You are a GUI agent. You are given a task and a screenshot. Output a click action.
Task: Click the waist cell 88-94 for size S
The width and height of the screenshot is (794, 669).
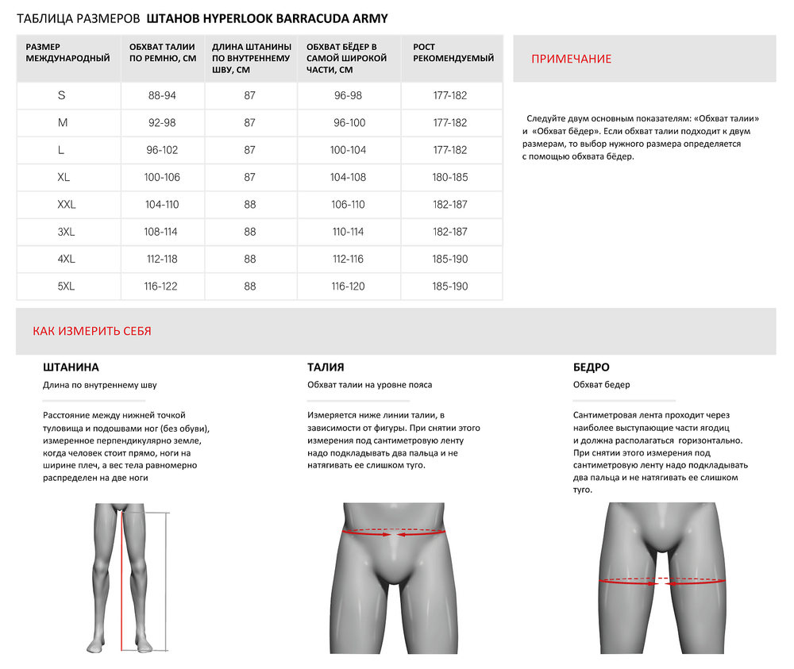point(162,95)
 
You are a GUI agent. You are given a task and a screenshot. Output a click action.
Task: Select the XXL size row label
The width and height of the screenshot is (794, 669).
point(67,205)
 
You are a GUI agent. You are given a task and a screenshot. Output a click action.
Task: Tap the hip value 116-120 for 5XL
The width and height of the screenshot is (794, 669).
point(349,286)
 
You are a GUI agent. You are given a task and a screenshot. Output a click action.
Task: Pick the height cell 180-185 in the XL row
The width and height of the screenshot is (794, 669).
point(450,178)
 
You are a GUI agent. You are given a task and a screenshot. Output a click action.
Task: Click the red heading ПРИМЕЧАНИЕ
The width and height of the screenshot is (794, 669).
point(571,60)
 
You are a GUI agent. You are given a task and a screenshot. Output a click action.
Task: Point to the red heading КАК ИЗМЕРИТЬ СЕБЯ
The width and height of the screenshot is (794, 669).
point(92,332)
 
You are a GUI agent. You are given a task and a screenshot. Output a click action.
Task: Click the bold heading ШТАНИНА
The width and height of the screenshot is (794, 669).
point(71,367)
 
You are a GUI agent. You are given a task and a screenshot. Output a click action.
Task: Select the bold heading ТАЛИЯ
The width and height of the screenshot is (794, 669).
point(326,367)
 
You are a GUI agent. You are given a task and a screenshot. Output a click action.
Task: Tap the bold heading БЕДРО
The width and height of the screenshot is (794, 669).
point(591,367)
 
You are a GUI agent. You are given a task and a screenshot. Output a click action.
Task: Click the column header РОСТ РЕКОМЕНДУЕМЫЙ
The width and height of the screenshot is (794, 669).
point(453,52)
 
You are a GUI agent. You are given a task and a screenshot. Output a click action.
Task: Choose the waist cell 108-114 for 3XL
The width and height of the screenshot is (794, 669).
point(162,232)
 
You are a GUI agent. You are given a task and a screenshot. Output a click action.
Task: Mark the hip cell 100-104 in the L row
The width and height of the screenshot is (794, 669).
point(349,150)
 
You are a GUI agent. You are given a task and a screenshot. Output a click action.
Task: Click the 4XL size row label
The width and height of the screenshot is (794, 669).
point(67,260)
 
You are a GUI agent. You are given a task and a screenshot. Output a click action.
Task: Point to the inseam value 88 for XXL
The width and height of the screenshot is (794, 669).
point(250,205)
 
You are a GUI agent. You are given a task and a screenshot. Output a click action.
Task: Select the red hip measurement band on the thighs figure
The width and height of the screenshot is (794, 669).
point(661,581)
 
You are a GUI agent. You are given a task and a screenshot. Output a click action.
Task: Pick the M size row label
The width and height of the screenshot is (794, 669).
point(63,123)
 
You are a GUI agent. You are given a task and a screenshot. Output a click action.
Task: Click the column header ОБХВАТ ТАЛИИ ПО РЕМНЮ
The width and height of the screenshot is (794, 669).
point(162,52)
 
